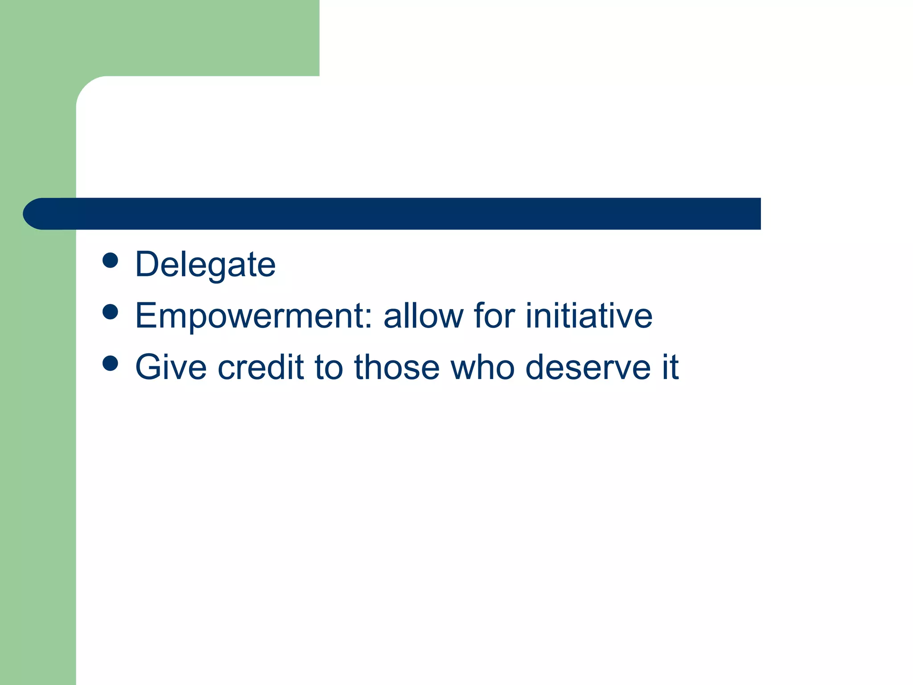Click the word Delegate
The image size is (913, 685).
206,265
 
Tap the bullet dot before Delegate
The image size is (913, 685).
110,260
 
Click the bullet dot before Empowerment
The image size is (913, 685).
110,312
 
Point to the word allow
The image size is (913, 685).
423,316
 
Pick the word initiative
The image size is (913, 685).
589,316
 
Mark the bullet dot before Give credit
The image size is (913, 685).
110,363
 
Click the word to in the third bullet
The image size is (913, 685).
329,367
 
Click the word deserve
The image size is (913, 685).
588,367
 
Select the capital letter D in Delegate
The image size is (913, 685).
147,264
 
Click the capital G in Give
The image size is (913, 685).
148,367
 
